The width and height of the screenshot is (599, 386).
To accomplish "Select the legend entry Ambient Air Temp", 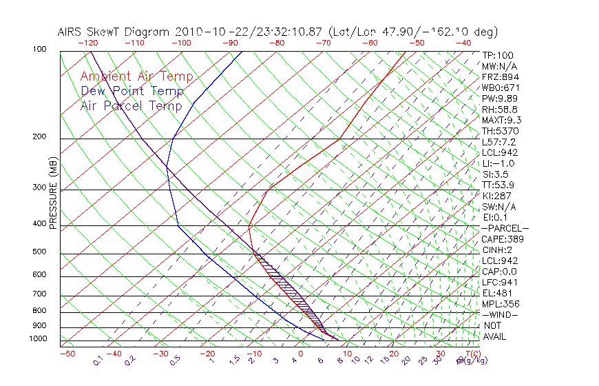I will (136, 77).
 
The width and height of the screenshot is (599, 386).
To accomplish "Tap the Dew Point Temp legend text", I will (132, 91).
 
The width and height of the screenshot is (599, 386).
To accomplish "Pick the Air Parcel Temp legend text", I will (131, 105).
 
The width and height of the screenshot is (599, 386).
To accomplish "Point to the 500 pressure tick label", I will (39, 252).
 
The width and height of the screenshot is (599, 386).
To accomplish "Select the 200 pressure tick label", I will (39, 137).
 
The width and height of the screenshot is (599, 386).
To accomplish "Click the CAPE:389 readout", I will (503, 239).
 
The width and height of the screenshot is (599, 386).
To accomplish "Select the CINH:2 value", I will (498, 250).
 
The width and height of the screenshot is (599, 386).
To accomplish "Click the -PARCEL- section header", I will (505, 228).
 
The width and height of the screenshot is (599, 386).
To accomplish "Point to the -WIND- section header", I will (501, 315).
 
